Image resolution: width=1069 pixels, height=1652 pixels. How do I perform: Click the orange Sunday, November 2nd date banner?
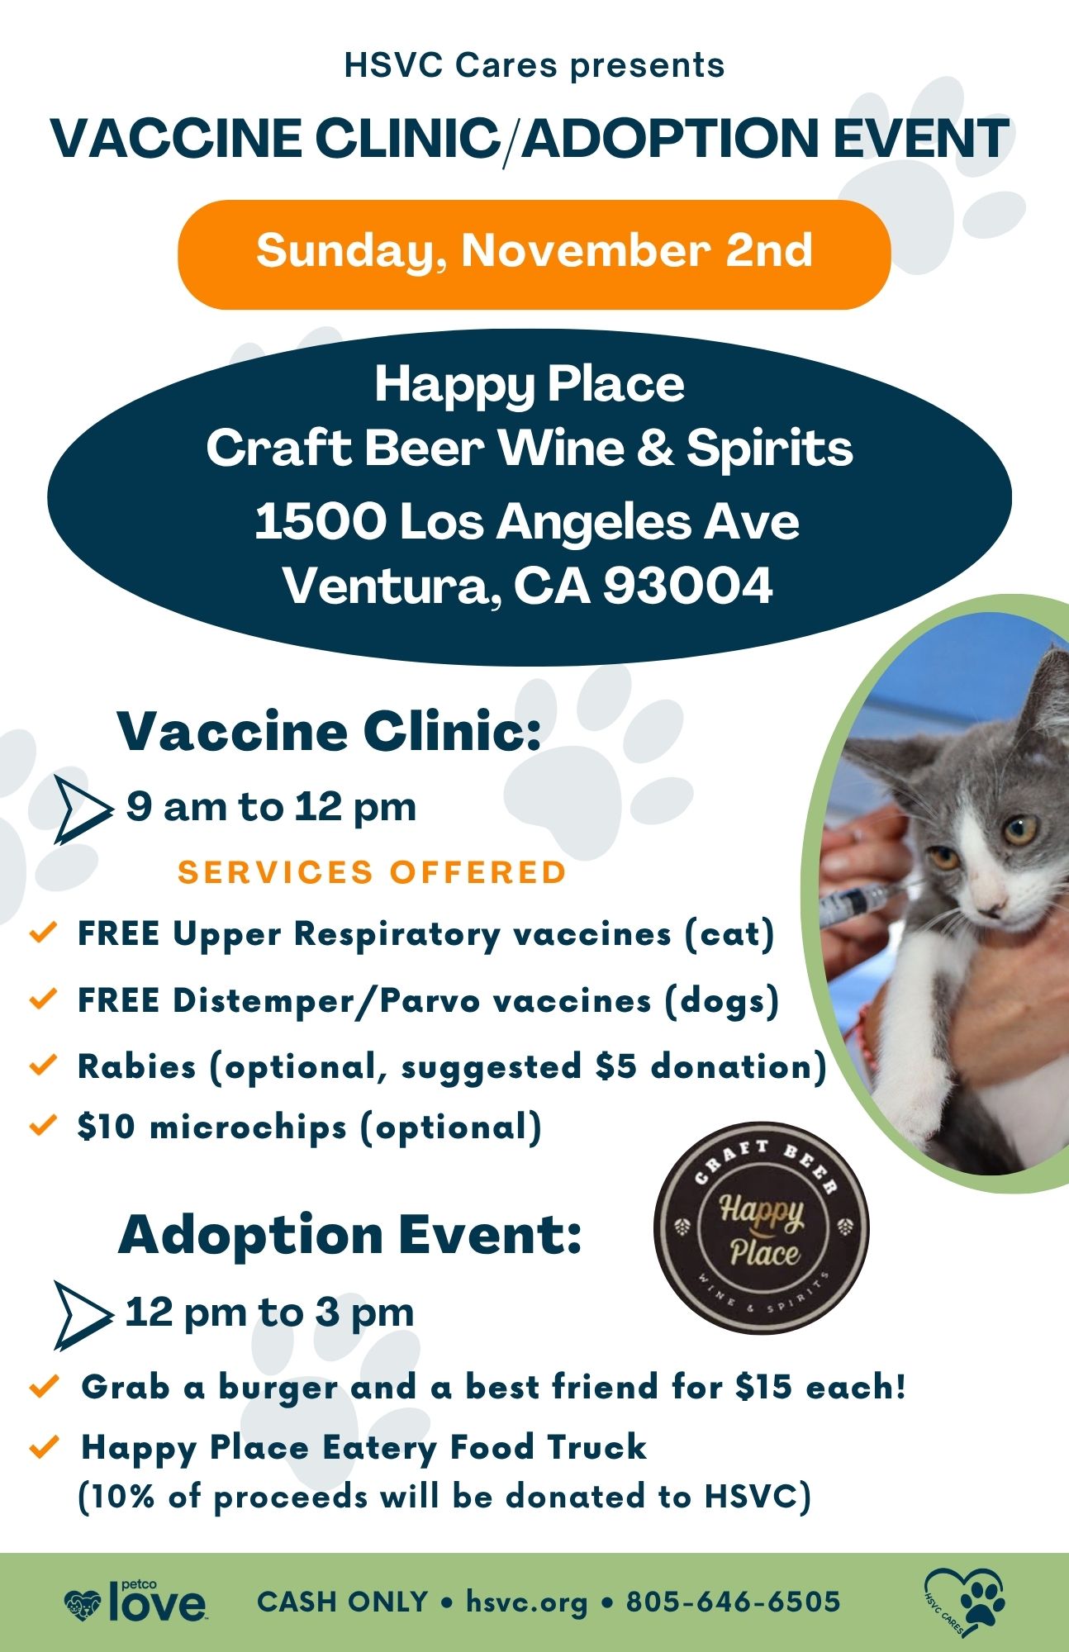click(534, 254)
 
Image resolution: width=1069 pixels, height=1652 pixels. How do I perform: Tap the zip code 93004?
click(687, 586)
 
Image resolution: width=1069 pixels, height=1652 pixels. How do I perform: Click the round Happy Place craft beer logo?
click(761, 1228)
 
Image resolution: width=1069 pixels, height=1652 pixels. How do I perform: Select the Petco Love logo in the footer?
click(136, 1603)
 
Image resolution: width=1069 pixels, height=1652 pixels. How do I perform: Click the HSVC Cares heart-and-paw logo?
click(965, 1603)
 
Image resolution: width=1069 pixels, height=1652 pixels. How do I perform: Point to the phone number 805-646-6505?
click(733, 1602)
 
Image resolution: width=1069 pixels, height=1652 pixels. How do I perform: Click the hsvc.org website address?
click(526, 1602)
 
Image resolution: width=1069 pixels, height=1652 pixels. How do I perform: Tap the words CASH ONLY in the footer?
click(342, 1602)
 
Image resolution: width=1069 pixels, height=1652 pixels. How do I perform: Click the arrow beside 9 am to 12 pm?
click(83, 809)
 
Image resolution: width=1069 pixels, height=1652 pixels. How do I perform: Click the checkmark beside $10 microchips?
click(42, 1125)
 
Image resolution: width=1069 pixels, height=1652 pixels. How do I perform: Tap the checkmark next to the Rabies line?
click(42, 1065)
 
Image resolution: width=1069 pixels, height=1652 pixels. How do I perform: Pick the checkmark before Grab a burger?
click(44, 1385)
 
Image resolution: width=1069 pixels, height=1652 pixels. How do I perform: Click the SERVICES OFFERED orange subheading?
click(372, 872)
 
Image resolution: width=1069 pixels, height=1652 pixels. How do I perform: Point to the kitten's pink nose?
click(995, 898)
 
